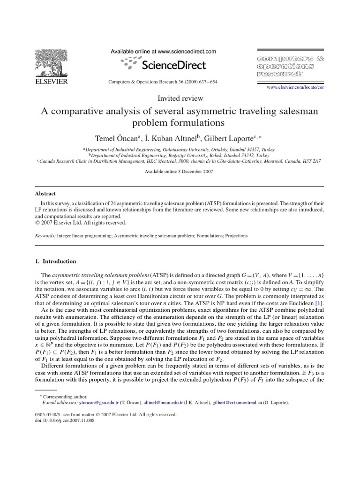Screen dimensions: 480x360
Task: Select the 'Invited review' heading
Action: point(180,98)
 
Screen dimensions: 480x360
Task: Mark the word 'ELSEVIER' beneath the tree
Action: point(52,82)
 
